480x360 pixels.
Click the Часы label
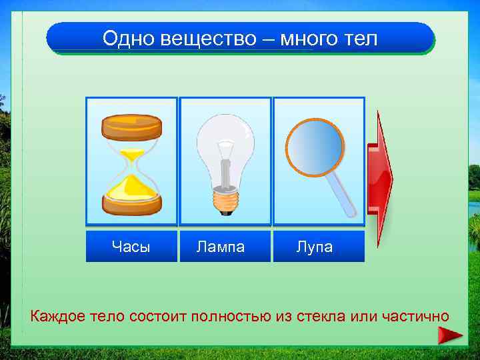[131, 247]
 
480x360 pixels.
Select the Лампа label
[221, 247]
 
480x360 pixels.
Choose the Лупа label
[314, 247]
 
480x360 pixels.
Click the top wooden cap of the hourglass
[131, 127]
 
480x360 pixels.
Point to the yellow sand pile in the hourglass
[132, 187]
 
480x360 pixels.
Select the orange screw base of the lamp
[225, 199]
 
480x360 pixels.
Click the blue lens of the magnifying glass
[315, 147]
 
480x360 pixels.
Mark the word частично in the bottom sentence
[415, 315]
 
